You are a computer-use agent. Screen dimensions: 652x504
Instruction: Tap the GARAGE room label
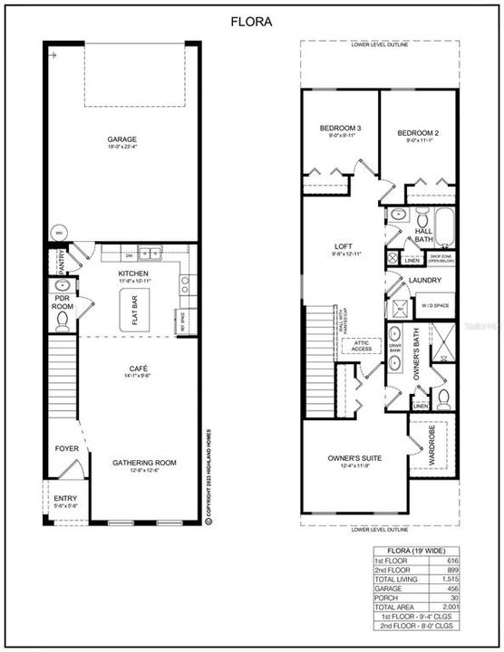(121, 139)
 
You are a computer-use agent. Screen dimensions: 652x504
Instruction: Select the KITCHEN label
(133, 273)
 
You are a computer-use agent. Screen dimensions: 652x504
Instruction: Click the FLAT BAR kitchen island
(133, 306)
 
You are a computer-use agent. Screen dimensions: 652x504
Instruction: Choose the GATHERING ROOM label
(144, 462)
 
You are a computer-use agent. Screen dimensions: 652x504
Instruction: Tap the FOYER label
(67, 448)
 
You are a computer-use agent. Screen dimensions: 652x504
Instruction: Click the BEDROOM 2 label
(417, 134)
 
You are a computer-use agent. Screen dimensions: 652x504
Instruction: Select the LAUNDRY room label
(424, 281)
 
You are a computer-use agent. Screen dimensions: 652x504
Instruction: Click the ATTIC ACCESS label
(361, 345)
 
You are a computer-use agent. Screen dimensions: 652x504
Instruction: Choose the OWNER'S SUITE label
(354, 458)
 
